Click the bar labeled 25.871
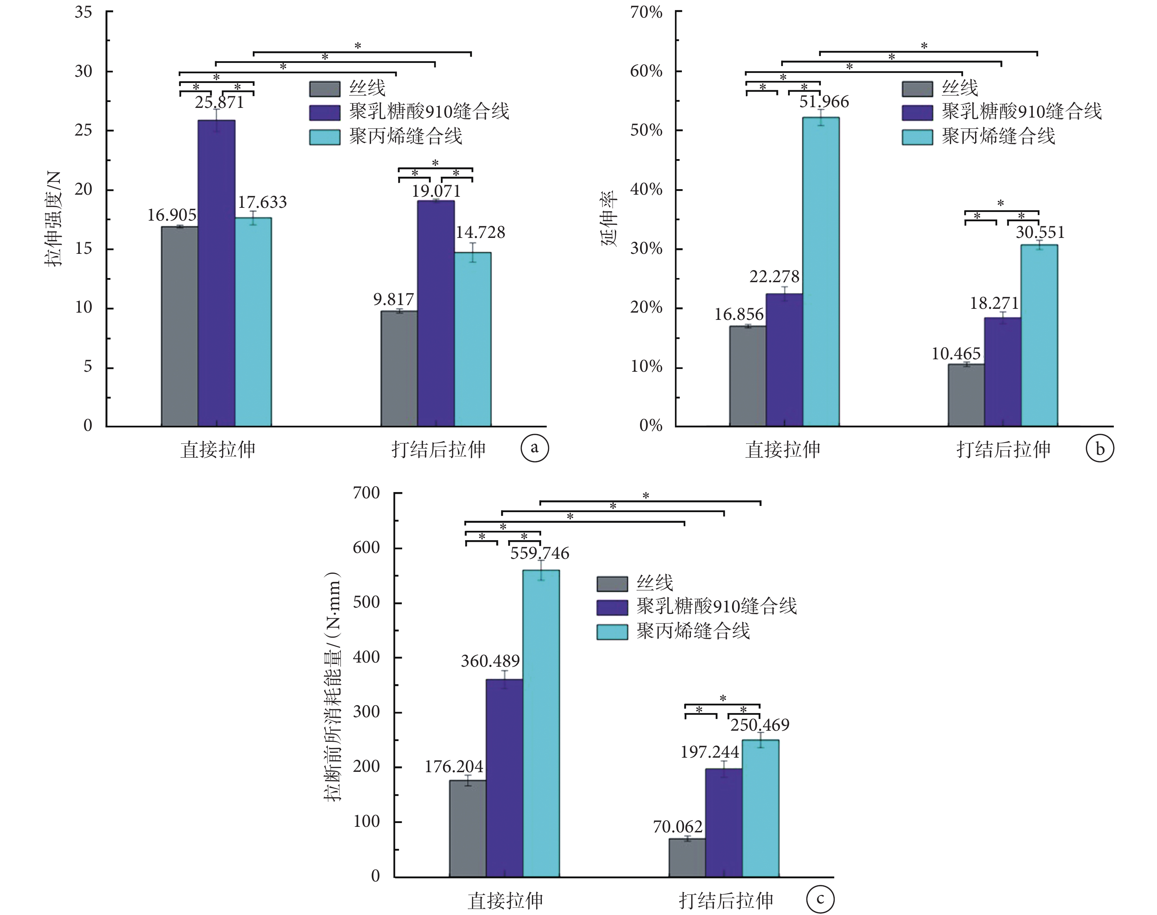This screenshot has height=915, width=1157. tap(216, 273)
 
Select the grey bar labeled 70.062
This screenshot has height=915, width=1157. tap(687, 857)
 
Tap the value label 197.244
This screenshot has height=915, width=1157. tap(710, 752)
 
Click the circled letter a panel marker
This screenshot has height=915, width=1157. tap(534, 448)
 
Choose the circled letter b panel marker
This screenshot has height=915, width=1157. tap(1100, 449)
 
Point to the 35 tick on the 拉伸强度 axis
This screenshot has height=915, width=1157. tap(84, 12)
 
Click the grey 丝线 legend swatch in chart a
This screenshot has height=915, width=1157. tap(325, 89)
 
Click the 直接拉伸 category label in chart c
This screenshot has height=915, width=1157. tap(505, 900)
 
